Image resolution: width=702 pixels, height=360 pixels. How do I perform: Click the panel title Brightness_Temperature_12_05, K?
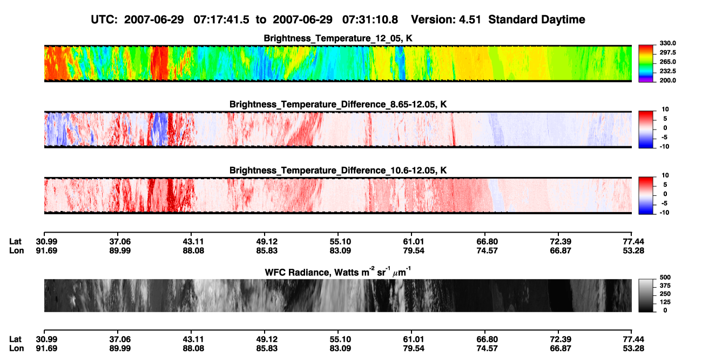(338, 38)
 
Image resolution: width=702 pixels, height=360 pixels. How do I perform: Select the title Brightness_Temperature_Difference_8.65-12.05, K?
(338, 104)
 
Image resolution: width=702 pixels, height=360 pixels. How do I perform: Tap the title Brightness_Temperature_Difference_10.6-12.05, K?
(338, 171)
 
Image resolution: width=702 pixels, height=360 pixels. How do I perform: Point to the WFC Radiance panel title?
(338, 271)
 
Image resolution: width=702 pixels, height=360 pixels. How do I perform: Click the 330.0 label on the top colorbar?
(667, 43)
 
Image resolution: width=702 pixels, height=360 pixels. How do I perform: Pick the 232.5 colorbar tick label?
(667, 71)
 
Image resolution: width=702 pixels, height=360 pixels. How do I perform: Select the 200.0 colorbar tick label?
(667, 80)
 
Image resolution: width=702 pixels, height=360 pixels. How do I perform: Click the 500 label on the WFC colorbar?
(665, 277)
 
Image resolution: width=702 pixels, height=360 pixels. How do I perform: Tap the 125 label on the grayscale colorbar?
(665, 302)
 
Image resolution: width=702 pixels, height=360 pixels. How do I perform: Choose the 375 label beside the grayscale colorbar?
(665, 286)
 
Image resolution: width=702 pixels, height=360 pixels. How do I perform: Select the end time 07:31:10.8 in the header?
(370, 19)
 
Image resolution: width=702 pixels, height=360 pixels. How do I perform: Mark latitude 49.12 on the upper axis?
(267, 242)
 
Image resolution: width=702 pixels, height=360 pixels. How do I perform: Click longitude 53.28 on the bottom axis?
(633, 349)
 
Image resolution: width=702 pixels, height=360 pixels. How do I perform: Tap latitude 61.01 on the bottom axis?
(414, 339)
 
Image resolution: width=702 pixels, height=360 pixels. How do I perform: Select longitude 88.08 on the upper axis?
(193, 250)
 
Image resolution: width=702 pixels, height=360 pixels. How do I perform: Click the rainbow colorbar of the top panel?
(646, 64)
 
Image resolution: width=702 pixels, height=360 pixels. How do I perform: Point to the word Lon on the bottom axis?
(16, 349)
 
